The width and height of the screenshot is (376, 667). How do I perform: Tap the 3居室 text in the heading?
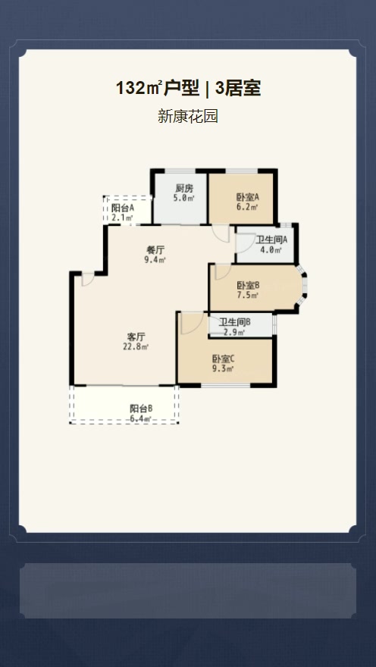[x=238, y=89]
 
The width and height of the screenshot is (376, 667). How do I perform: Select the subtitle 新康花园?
[x=188, y=116]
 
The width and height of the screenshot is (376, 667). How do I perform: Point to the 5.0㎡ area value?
[x=183, y=199]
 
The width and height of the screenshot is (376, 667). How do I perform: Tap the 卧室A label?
[x=248, y=197]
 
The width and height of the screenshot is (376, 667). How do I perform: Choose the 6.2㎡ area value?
[x=248, y=207]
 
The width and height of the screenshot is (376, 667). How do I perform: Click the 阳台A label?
[x=123, y=208]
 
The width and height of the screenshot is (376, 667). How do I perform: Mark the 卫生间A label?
[x=271, y=240]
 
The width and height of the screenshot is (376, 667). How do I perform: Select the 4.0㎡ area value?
[x=271, y=249]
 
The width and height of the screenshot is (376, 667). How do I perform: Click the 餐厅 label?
[x=155, y=249]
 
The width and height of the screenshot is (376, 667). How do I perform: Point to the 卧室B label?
[x=249, y=286]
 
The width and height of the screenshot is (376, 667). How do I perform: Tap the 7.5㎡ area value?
[x=249, y=295]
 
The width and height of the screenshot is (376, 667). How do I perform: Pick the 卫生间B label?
[x=235, y=322]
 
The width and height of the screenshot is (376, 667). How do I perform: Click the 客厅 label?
[x=133, y=337]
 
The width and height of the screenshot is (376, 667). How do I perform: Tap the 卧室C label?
[x=224, y=359]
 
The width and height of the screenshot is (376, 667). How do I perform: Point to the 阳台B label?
[x=141, y=409]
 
